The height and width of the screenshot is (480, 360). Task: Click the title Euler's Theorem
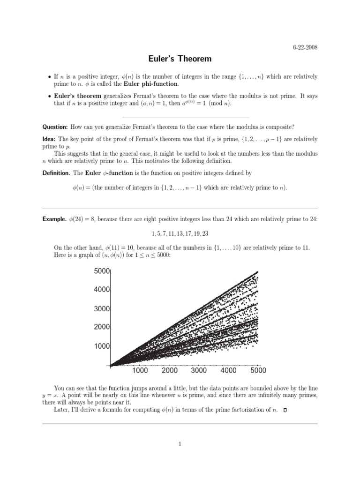[180, 59]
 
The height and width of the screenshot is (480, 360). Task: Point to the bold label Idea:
[49, 139]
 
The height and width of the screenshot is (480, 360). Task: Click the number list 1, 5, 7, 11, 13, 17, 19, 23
[180, 233]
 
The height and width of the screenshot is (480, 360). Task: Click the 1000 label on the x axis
[140, 370]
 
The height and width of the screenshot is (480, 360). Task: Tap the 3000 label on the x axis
[199, 370]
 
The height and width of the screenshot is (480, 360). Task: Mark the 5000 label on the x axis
[258, 370]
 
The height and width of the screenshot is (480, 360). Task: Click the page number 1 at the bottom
[180, 445]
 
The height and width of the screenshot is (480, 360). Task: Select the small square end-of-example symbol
[285, 411]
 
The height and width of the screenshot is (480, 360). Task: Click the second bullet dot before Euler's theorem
[49, 96]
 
